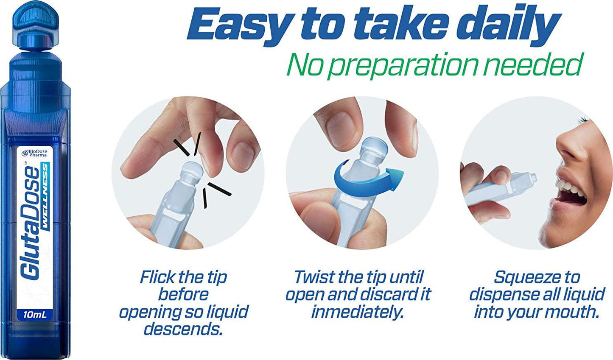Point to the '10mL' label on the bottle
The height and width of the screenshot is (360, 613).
point(35,315)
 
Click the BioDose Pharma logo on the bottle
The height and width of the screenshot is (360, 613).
point(35,153)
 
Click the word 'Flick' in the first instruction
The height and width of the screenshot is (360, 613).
point(156,277)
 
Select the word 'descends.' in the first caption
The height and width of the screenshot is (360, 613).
point(183,329)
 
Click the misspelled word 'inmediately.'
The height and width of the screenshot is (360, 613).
point(357,312)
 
